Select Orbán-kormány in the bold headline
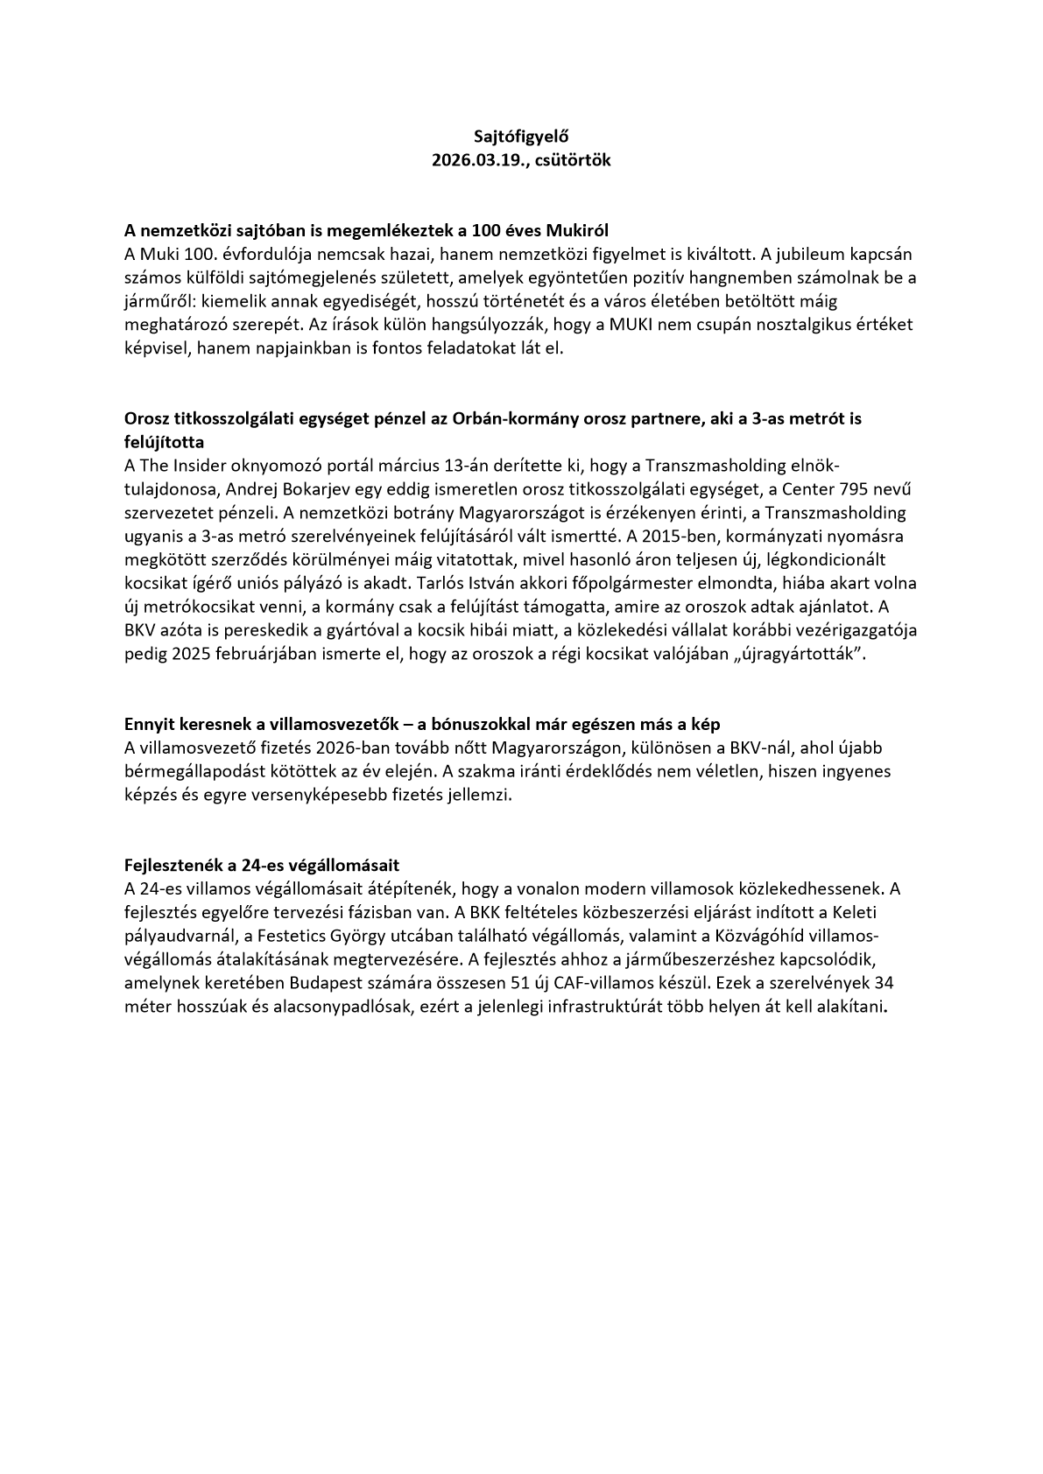506,418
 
